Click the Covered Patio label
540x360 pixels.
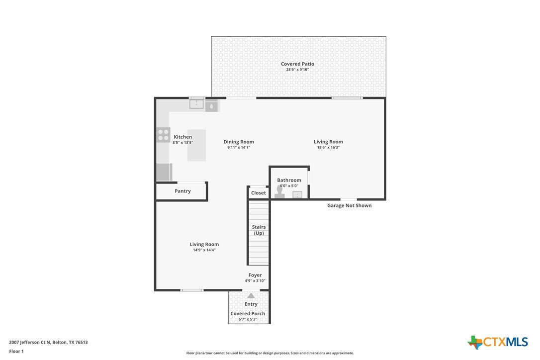(x=297, y=64)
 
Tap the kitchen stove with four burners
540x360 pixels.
(x=164, y=135)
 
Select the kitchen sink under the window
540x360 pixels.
(x=196, y=104)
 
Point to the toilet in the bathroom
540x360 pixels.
(x=279, y=191)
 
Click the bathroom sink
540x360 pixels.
(x=297, y=195)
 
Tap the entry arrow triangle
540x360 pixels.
(x=251, y=295)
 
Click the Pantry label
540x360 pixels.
(x=182, y=191)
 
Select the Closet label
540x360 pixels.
(x=258, y=193)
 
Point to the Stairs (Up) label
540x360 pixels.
(x=259, y=230)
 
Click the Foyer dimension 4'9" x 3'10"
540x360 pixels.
(x=255, y=281)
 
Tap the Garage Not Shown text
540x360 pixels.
(x=349, y=206)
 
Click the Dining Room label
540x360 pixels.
(x=239, y=142)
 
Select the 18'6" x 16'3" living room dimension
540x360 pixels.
(x=328, y=148)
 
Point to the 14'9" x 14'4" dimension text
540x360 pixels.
(x=204, y=250)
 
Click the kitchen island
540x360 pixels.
(x=196, y=145)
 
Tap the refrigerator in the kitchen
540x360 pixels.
(x=164, y=172)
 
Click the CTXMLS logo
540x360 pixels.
(x=498, y=342)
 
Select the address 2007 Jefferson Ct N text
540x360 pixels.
(x=30, y=343)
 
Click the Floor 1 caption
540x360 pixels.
(x=16, y=352)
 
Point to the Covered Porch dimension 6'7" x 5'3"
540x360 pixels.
(x=248, y=319)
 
